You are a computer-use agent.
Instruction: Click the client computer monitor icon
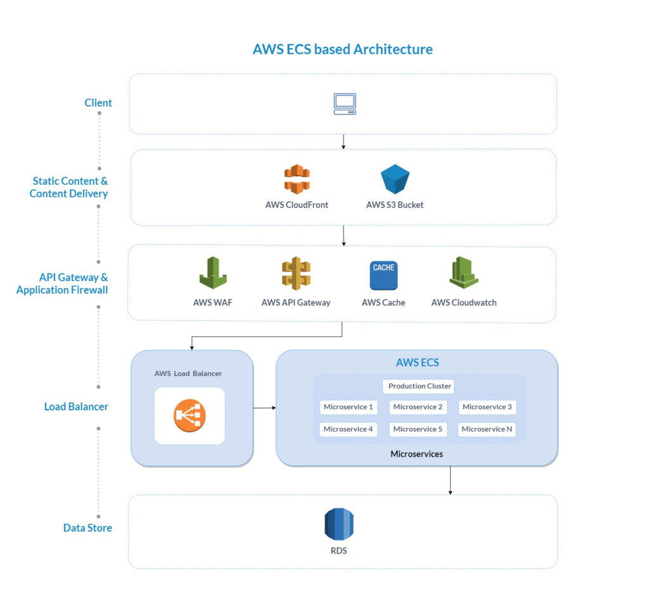[345, 104]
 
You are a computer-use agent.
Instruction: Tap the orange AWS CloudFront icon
[297, 179]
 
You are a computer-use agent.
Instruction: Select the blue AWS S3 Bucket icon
[395, 179]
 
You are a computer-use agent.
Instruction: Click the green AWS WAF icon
[213, 273]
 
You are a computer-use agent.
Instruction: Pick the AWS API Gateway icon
[296, 273]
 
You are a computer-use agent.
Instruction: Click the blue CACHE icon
[383, 275]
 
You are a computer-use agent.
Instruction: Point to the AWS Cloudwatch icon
[464, 273]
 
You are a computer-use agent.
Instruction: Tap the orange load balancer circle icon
[190, 416]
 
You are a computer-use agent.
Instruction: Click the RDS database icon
[339, 524]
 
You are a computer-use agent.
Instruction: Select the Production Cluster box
[419, 386]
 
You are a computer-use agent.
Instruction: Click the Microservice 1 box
[348, 407]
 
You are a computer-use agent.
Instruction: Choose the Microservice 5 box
[418, 429]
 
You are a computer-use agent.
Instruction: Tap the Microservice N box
[487, 429]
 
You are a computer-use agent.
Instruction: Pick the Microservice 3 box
[487, 407]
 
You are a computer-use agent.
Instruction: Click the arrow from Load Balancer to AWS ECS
[264, 408]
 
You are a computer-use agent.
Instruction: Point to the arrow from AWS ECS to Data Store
[450, 480]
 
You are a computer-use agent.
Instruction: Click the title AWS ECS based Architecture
[342, 49]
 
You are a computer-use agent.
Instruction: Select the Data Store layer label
[87, 528]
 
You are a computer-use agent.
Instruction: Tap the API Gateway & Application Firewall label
[62, 284]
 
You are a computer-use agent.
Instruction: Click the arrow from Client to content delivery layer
[343, 141]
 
